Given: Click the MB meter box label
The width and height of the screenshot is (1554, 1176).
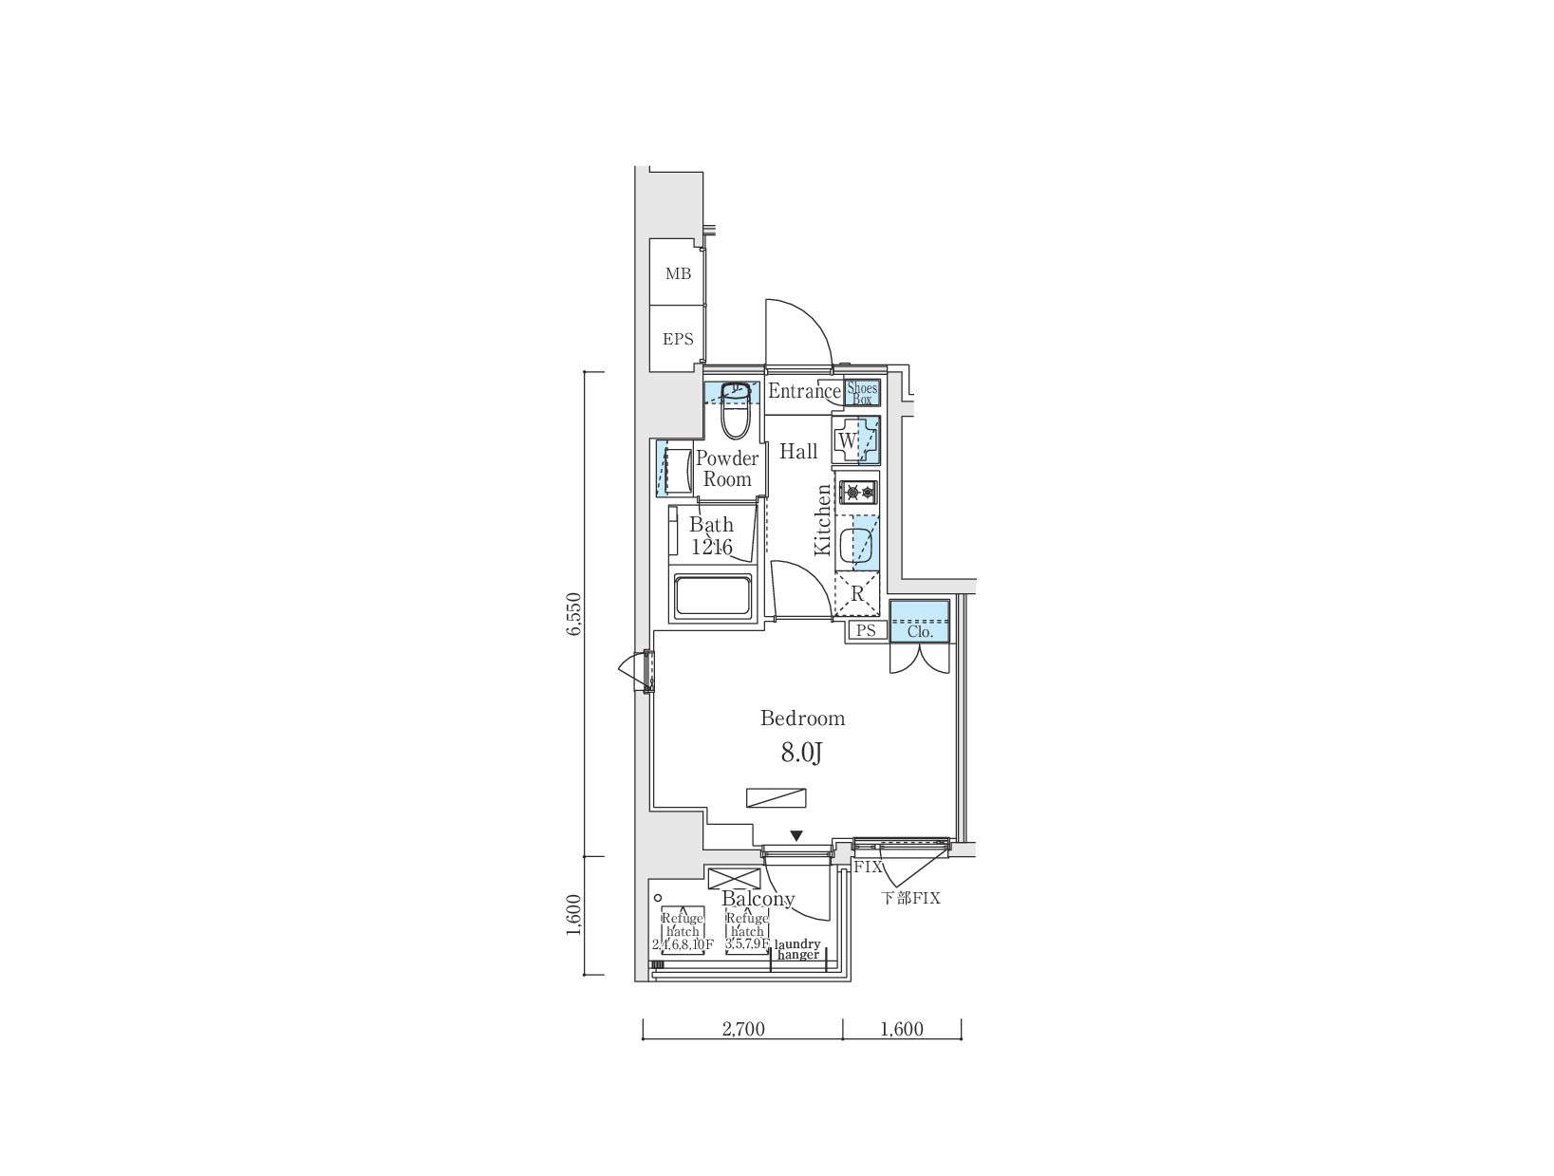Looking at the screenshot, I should pos(678,274).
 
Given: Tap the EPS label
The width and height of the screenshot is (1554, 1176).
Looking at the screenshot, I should pos(678,339).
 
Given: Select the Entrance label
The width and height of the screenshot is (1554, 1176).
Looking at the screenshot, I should pos(803,391).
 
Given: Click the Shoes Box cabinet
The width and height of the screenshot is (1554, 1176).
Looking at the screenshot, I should pos(862,393).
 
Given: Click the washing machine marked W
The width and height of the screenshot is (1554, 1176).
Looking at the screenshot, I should pos(855,440).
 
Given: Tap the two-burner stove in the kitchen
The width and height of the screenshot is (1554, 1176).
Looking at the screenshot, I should pos(858,492).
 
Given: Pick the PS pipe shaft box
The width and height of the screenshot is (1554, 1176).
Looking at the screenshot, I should pos(866,630).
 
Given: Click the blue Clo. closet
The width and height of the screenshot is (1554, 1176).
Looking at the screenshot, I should pos(920,622).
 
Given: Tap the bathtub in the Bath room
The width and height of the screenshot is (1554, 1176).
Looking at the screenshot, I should pos(713,595).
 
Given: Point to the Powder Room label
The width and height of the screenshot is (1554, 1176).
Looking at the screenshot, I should pos(727,469).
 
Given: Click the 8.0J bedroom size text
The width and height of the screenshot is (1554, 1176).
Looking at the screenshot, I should pos(801,754).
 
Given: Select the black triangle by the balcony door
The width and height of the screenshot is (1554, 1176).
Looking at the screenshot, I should pos(796,836).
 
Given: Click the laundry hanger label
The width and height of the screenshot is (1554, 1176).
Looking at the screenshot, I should pos(797,949).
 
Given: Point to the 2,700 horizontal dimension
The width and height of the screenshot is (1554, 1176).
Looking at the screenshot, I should pos(743,1029).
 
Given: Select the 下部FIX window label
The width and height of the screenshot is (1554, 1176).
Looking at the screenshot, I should pos(910,898).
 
